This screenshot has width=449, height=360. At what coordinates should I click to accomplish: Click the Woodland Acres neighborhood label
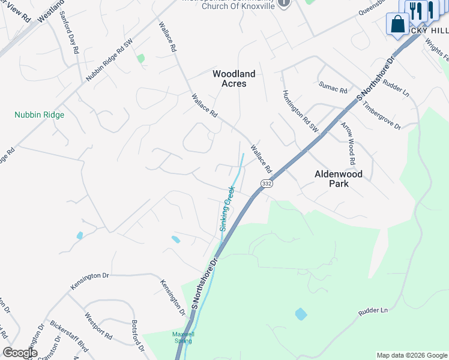click(x=234, y=79)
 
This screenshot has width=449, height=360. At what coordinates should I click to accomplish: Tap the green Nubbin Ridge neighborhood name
click(x=40, y=115)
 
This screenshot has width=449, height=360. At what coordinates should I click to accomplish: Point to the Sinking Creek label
click(x=226, y=208)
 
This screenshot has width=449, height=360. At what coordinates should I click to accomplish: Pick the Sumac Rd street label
click(x=333, y=90)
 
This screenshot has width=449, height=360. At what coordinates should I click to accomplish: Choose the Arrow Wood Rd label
click(x=348, y=144)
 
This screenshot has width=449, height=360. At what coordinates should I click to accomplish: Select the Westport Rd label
click(x=98, y=326)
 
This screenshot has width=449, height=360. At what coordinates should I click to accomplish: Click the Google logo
click(x=20, y=353)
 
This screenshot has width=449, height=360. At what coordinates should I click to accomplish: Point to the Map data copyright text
click(x=412, y=355)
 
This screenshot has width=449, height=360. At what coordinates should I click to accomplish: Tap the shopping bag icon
click(x=397, y=25)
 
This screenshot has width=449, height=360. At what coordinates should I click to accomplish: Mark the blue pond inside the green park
click(x=301, y=314)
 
